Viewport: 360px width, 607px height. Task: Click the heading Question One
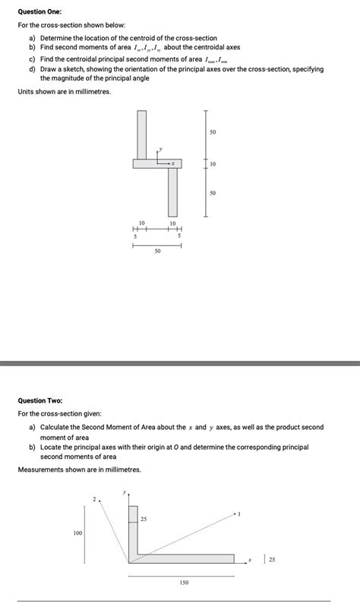click(40, 13)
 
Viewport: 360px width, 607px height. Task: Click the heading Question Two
click(40, 400)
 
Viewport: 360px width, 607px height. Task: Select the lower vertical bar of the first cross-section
click(172, 192)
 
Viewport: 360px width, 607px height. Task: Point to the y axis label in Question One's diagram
click(159, 150)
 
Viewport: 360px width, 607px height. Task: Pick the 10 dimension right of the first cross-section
click(213, 163)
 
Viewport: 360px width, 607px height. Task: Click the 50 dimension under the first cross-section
click(157, 250)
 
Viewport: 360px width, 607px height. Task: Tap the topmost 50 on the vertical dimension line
click(213, 133)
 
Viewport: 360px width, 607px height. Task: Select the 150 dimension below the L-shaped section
click(184, 583)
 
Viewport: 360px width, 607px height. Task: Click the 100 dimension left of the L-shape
click(77, 533)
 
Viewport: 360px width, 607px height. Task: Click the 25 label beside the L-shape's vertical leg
click(144, 519)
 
